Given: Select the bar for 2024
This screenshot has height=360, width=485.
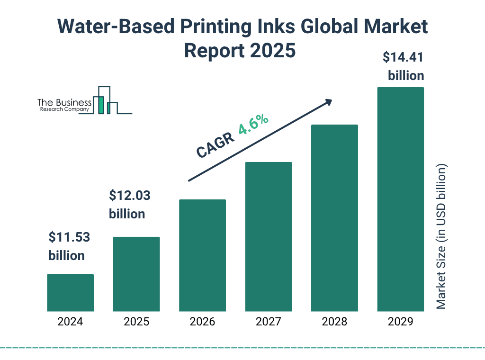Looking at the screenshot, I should pos(70,293).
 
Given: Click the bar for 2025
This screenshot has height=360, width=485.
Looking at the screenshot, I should pos(136,274).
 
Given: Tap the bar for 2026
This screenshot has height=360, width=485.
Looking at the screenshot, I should pos(202,255).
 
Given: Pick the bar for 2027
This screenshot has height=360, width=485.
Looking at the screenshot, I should pos(268,236).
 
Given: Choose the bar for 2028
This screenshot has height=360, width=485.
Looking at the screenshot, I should pos(334,218).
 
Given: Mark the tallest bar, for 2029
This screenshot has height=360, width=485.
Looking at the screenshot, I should pos(400,199).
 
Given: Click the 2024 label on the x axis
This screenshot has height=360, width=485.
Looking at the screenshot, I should pos(70,322).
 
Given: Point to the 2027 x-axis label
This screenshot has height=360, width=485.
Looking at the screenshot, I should pos(268,322).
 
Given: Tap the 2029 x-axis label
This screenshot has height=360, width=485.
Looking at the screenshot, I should pos(400,322).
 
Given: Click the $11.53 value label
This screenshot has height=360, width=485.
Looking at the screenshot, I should pos(70,237).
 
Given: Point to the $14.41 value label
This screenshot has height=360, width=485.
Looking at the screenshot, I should pos(403,58).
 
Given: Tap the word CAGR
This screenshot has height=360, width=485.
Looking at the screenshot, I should pos(215,145).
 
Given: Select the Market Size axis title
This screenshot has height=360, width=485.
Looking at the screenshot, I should pos(441,237).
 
